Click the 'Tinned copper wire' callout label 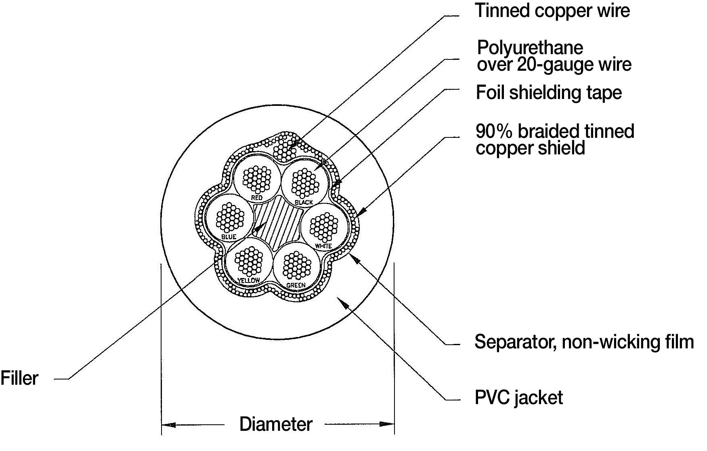tap(552, 11)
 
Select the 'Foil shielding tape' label tap(549, 93)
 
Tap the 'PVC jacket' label tap(518, 398)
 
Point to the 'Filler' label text tap(19, 378)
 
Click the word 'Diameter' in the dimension tap(276, 424)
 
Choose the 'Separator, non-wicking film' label tap(584, 342)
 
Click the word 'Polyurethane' tap(530, 48)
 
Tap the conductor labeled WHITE tap(325, 225)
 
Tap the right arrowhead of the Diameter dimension tap(387, 424)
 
